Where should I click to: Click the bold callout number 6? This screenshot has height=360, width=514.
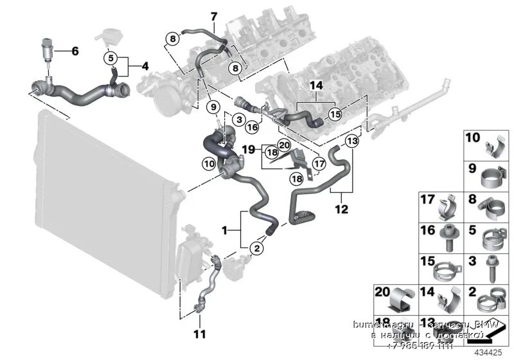pyautogui.click(x=75, y=51)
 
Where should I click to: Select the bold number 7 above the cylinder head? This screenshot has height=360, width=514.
pyautogui.click(x=214, y=16)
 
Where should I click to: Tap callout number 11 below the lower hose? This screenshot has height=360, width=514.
pyautogui.click(x=199, y=334)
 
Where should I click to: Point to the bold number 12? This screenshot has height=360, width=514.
pyautogui.click(x=341, y=208)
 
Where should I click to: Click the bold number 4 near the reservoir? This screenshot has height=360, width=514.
pyautogui.click(x=145, y=66)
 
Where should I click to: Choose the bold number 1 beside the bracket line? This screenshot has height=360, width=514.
pyautogui.click(x=226, y=230)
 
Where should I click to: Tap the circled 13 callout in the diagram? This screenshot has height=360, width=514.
pyautogui.click(x=351, y=141)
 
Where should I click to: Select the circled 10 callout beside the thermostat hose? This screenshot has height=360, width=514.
pyautogui.click(x=209, y=163)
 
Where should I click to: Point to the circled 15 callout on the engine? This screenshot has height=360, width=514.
pyautogui.click(x=334, y=114)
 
